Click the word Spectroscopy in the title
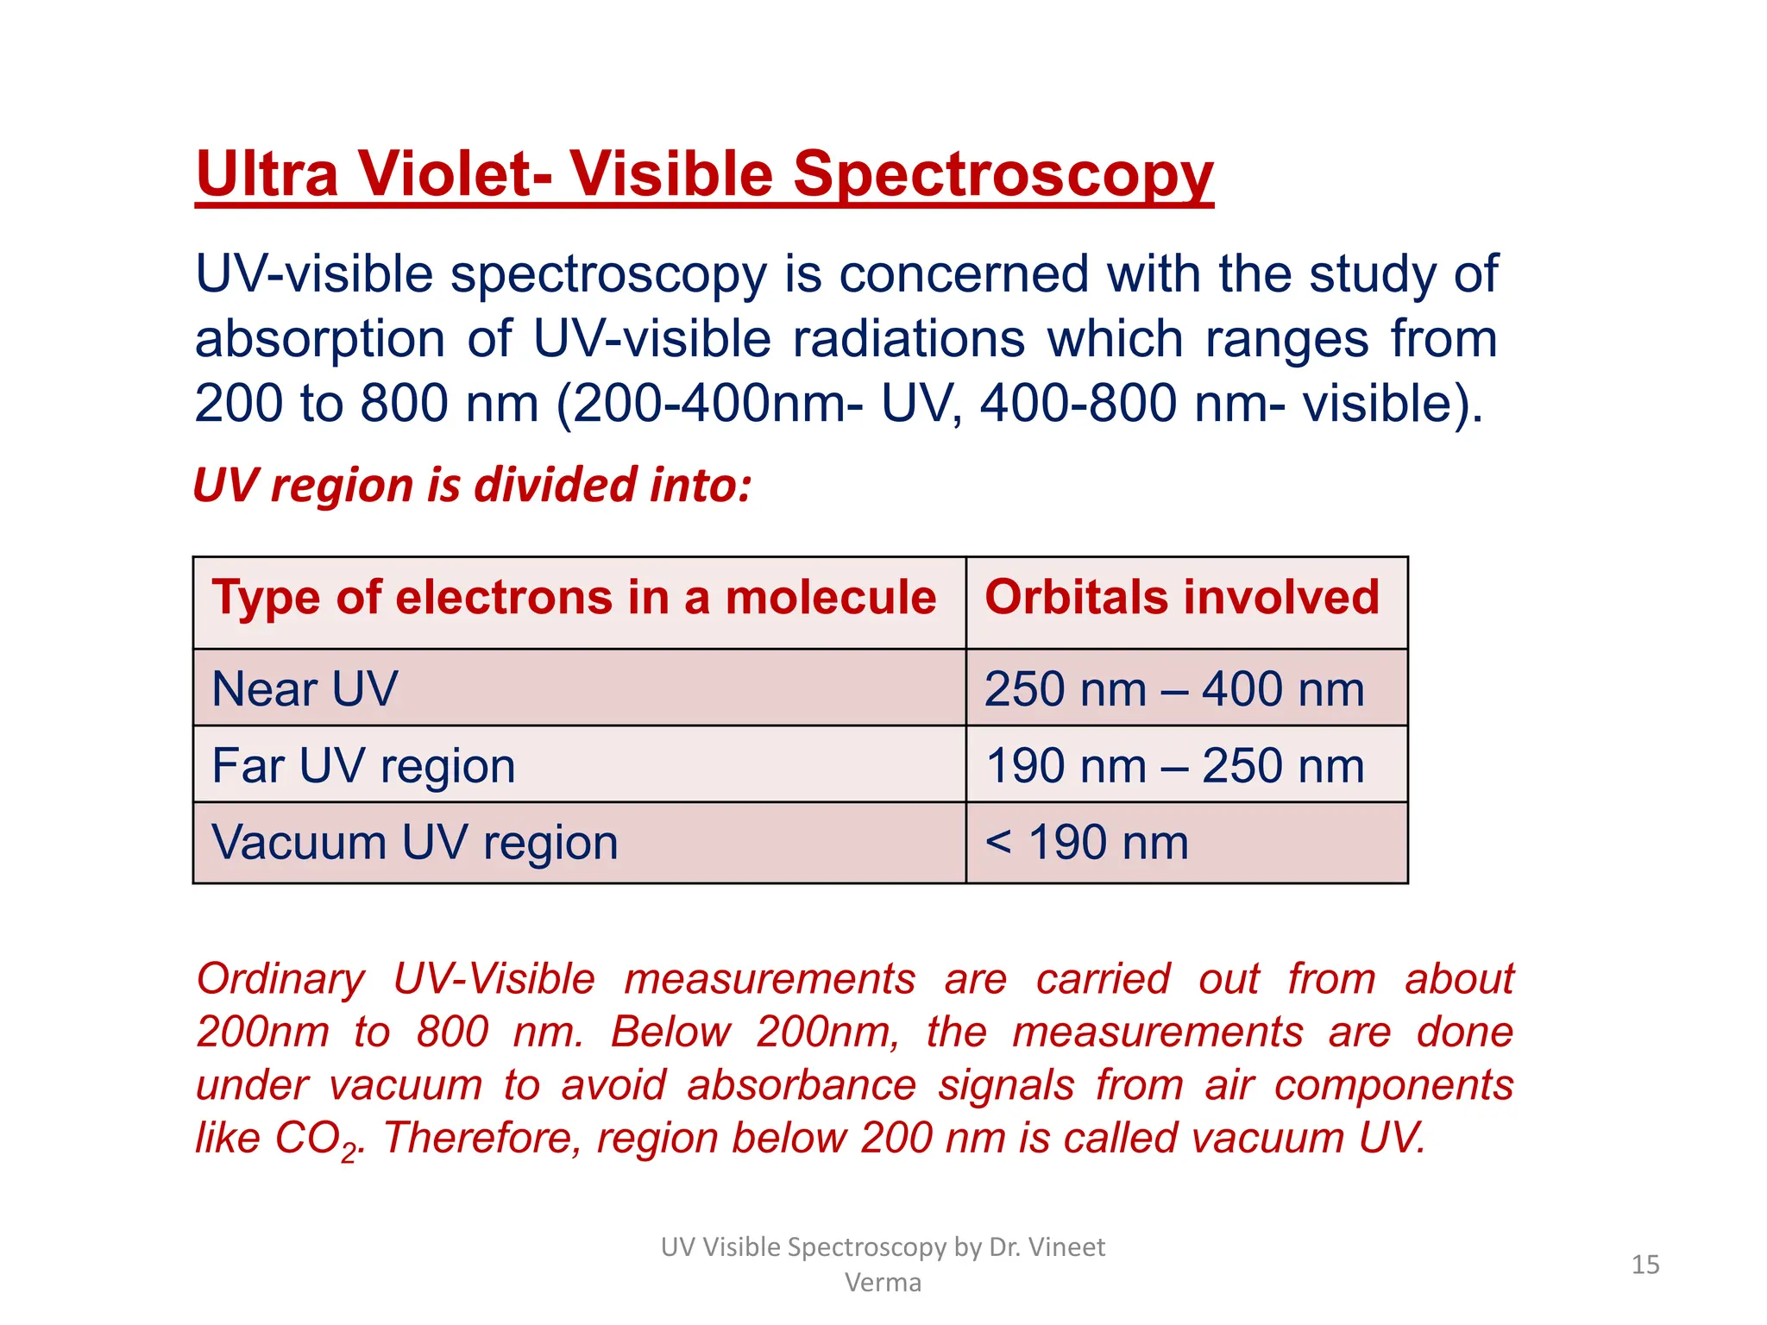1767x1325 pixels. point(1003,175)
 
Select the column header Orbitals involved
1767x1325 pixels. point(1182,598)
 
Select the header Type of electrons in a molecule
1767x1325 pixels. point(574,598)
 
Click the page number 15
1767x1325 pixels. point(1645,1265)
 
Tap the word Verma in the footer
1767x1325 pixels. point(883,1283)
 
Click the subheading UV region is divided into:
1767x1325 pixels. point(472,485)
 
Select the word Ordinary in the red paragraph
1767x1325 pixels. point(281,980)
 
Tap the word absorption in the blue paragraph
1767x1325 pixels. point(318,339)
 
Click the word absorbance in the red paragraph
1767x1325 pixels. point(801,1085)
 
